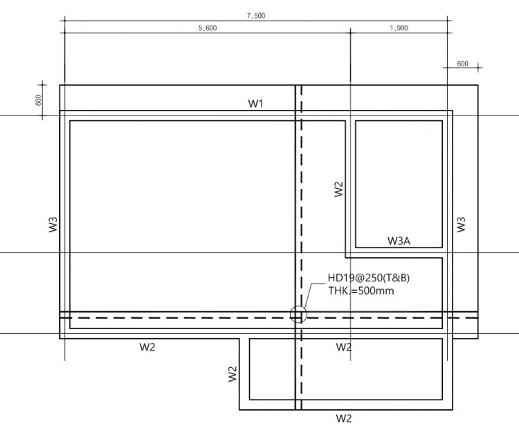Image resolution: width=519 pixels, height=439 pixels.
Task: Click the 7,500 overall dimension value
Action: click(256, 15)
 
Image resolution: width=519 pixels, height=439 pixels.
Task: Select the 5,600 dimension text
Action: click(208, 28)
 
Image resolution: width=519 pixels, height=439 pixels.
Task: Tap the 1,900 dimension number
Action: click(399, 28)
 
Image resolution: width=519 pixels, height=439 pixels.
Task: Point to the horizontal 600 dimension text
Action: click(462, 64)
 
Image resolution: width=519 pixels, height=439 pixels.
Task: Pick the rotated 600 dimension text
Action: click(38, 100)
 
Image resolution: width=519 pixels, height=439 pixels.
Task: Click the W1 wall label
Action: click(255, 104)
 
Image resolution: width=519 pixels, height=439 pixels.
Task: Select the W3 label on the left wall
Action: click(53, 225)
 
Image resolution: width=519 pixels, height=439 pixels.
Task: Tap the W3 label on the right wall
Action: click(461, 225)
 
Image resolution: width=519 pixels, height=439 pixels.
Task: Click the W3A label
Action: click(399, 241)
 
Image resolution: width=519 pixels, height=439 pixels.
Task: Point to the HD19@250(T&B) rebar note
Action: click(369, 278)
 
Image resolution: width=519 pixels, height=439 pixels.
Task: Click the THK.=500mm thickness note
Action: click(361, 291)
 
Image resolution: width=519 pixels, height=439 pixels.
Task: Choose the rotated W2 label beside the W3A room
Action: click(338, 189)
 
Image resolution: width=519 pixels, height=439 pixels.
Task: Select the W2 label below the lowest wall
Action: click(343, 418)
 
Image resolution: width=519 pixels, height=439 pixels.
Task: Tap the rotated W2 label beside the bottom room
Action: click(233, 374)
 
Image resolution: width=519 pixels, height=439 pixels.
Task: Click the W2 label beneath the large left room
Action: click(147, 347)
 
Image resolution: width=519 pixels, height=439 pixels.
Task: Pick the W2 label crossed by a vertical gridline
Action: click(343, 347)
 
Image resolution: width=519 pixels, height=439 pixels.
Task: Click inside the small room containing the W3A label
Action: click(399, 178)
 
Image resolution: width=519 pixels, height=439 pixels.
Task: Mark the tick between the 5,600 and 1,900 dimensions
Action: click(351, 32)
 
